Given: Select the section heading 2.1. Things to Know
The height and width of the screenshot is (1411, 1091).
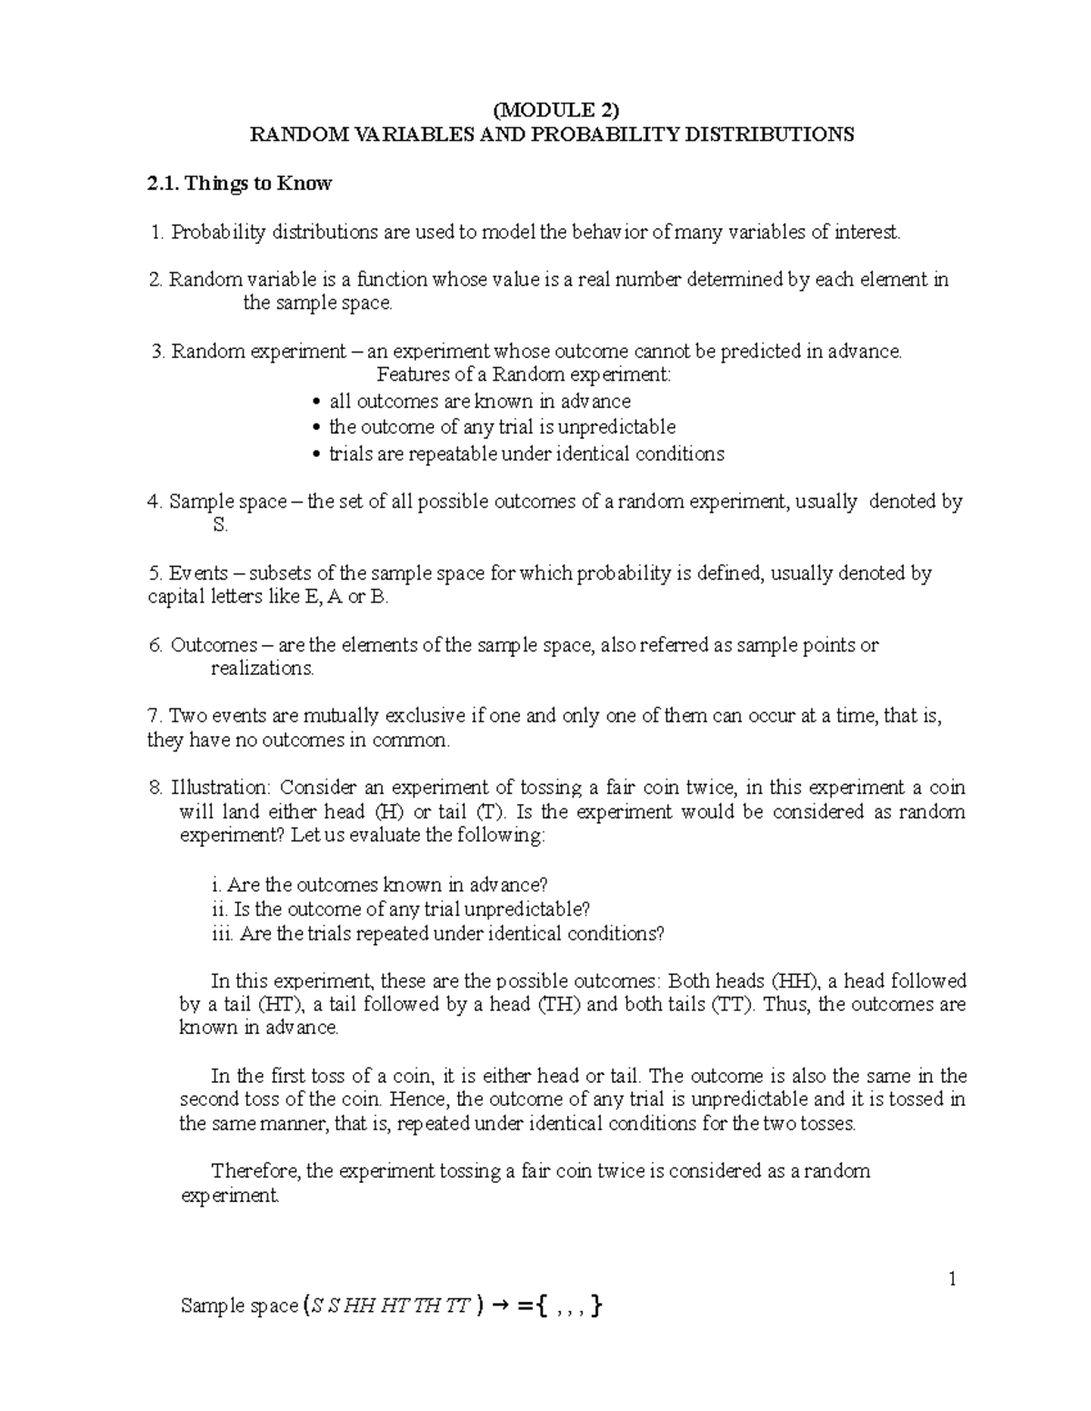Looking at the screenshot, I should [240, 184].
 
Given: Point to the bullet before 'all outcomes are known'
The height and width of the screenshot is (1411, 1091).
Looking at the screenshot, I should [316, 402].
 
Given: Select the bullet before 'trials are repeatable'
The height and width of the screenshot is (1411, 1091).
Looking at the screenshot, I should [316, 454].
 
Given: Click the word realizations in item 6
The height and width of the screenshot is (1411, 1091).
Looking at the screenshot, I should [262, 669].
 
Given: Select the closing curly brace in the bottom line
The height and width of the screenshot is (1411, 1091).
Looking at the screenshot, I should [596, 1307].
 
